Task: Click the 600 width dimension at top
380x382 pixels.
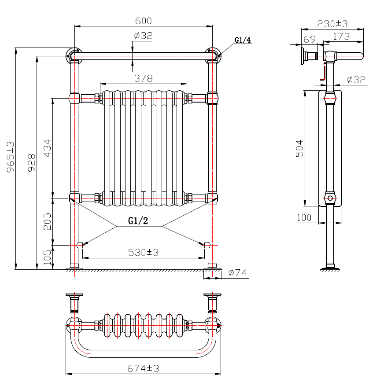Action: click(x=143, y=21)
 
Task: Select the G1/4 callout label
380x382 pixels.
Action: click(x=243, y=40)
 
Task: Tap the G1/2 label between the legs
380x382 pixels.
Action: click(x=138, y=221)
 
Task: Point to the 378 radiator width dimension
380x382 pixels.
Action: click(x=143, y=78)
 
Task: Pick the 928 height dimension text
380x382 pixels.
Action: click(x=31, y=162)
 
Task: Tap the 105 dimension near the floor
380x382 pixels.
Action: click(x=48, y=255)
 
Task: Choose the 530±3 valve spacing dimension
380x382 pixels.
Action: click(x=143, y=252)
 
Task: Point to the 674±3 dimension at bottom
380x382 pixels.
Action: click(x=143, y=368)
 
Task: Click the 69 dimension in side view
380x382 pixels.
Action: click(x=310, y=38)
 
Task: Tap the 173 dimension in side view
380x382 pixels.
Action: click(x=341, y=37)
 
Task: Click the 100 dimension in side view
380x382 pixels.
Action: click(x=304, y=217)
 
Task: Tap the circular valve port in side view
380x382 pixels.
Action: click(x=330, y=198)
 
